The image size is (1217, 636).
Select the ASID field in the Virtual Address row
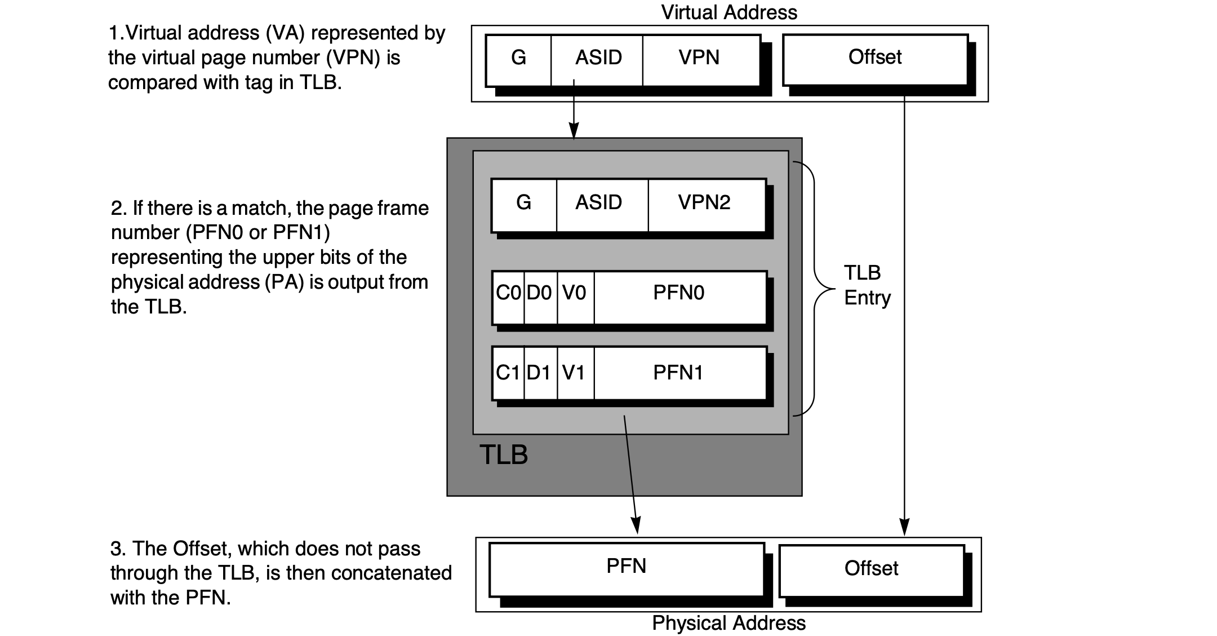597,59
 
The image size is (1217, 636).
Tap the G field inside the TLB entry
523,204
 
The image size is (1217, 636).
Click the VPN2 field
705,204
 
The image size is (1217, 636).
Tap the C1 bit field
508,373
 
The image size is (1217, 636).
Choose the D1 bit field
540,373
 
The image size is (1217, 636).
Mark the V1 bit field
575,373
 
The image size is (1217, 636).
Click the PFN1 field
679,373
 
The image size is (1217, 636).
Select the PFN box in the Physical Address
627,568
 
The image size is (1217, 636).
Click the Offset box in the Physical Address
871,569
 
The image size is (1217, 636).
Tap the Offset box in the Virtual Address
875,58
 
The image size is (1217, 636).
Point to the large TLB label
504,455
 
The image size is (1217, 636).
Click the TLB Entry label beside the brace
867,285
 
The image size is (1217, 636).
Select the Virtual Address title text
729,12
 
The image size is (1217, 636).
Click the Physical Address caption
729,624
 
